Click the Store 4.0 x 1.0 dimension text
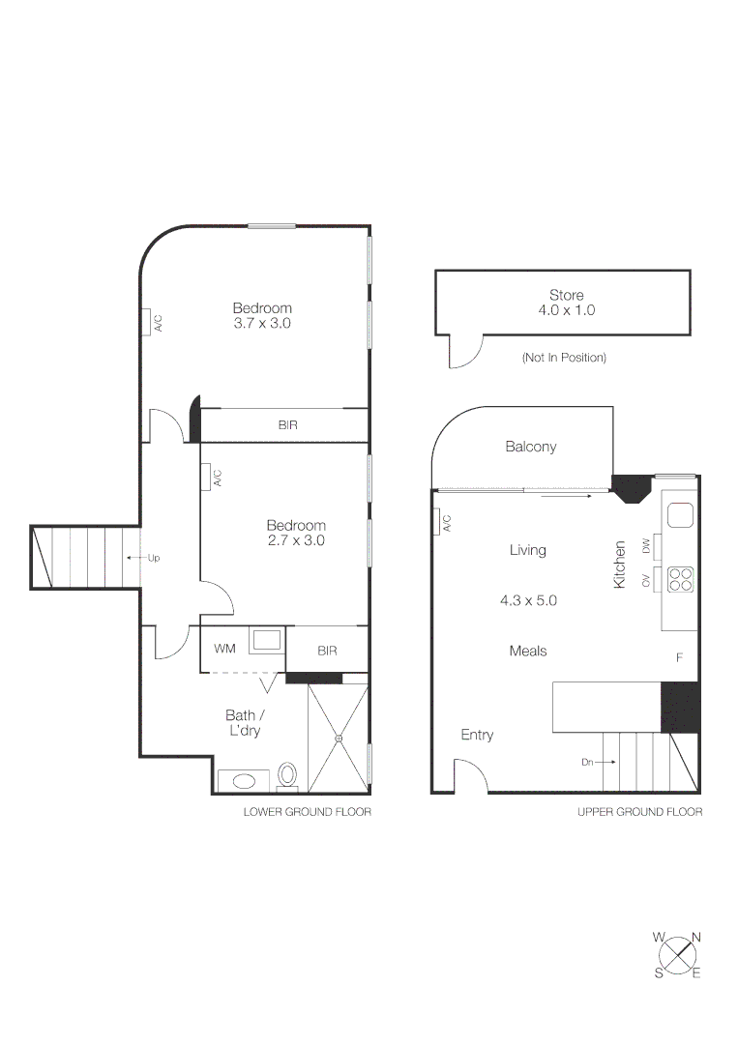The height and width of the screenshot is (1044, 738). (566, 310)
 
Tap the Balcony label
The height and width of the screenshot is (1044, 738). (531, 447)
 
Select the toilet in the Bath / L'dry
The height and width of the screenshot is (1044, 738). (287, 776)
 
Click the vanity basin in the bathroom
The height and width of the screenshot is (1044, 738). (238, 781)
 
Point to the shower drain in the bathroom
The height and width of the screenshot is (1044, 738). (339, 739)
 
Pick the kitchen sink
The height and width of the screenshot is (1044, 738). (681, 515)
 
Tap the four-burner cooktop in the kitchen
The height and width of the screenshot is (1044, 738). (681, 578)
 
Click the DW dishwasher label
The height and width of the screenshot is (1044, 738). (647, 547)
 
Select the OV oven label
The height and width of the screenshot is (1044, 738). (647, 580)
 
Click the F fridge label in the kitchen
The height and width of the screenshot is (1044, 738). (679, 657)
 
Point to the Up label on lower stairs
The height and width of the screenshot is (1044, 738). (154, 558)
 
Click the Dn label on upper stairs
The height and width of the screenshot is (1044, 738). (587, 762)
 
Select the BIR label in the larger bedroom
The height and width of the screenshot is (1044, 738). (287, 424)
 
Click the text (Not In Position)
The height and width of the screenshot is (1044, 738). (564, 358)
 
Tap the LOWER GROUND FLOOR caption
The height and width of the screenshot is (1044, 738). (307, 812)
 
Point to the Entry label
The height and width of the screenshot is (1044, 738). (477, 735)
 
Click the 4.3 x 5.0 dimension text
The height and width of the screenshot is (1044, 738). (528, 600)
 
